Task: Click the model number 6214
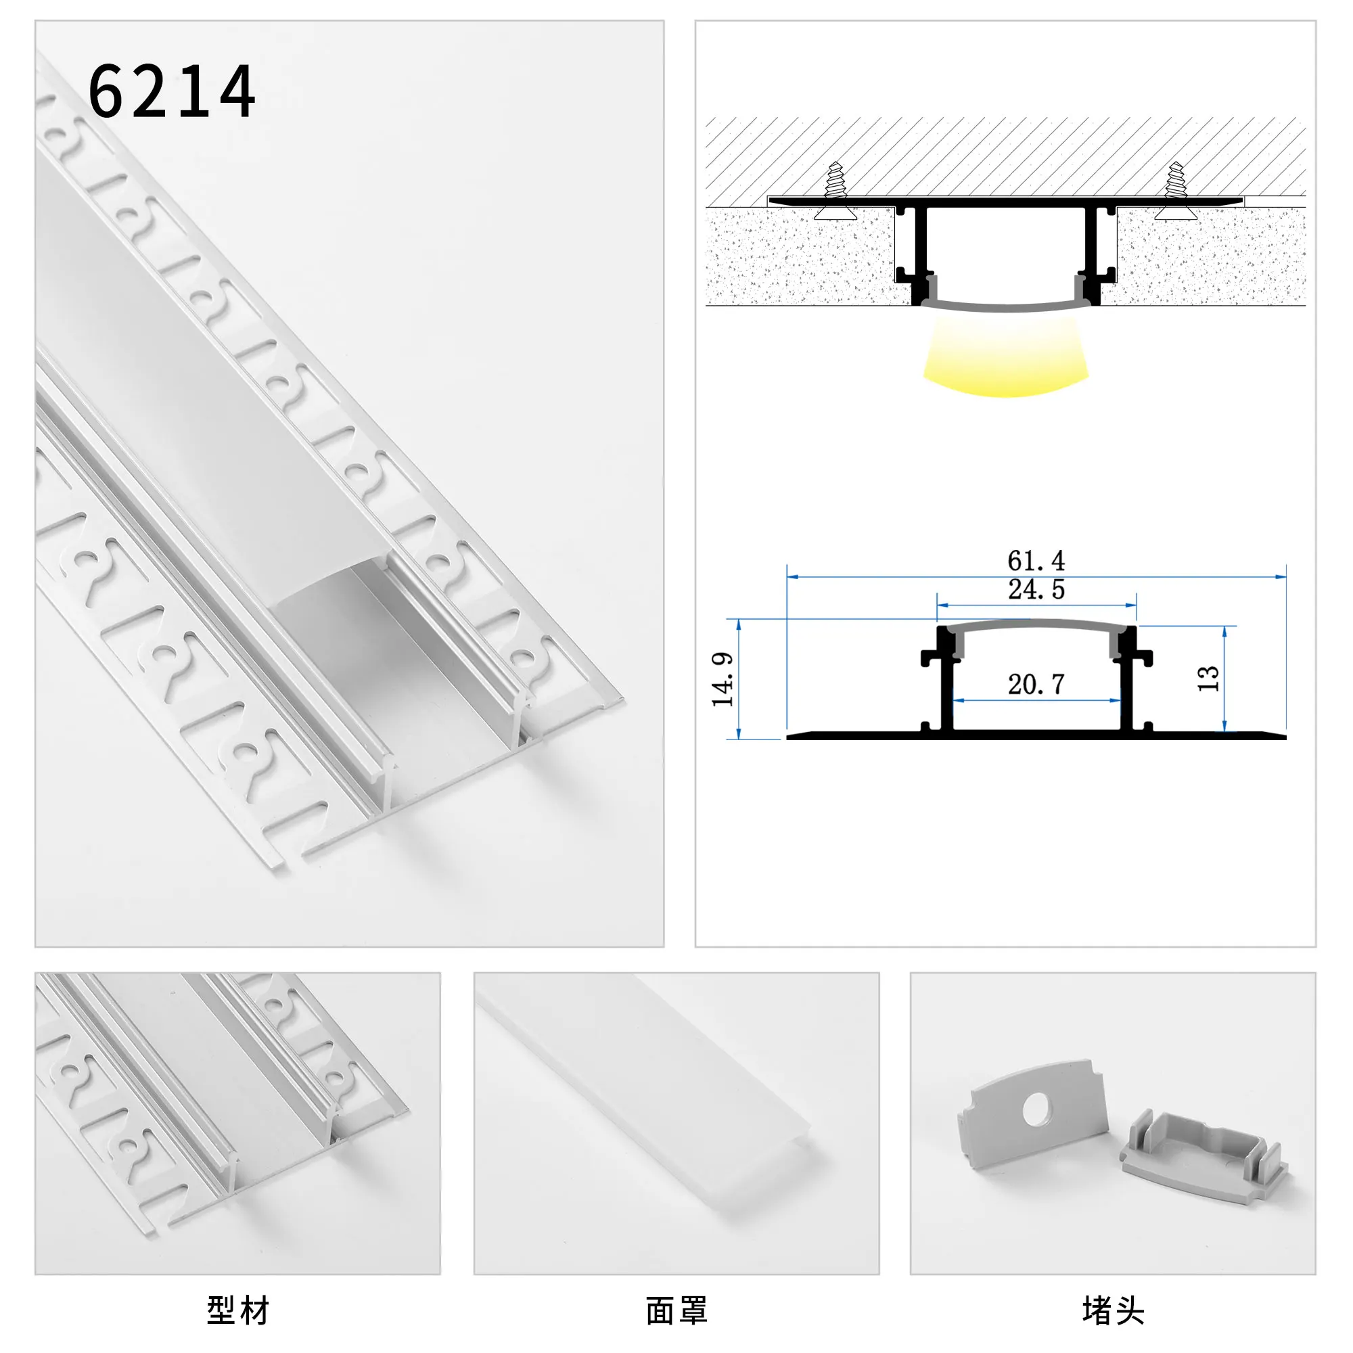(172, 92)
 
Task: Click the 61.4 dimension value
(1036, 560)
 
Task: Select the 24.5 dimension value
(1036, 590)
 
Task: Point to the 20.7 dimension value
(1036, 684)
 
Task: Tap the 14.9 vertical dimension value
(722, 679)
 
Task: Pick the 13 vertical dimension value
(1208, 679)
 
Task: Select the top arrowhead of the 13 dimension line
(1225, 631)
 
